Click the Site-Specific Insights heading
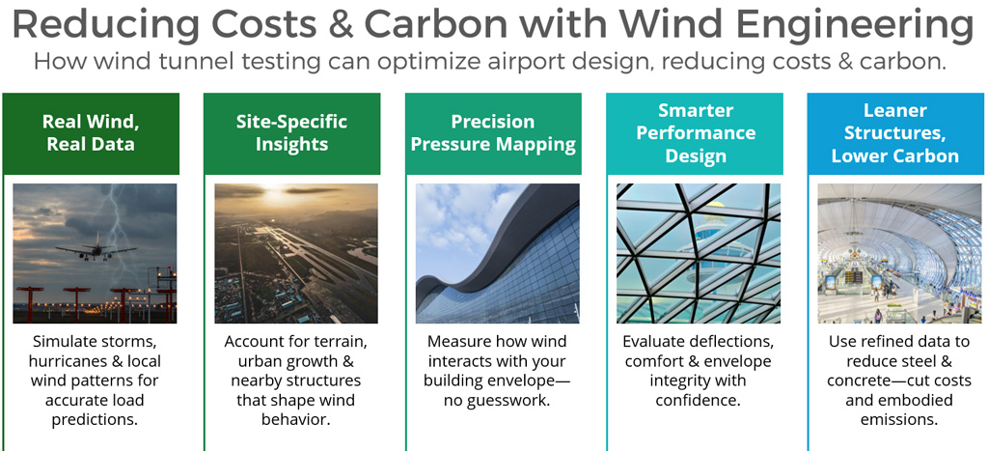coord(291,133)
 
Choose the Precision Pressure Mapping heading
coord(493,133)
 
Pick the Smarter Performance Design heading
coord(696,133)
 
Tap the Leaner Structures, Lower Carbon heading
coord(895,133)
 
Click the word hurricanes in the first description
coord(69,361)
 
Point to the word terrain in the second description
coord(340,342)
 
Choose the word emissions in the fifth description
coord(896,419)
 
